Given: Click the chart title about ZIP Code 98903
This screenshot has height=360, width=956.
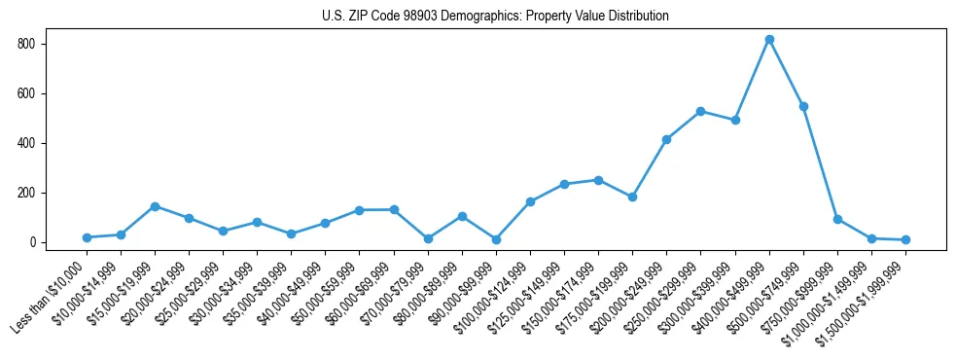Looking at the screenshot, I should [495, 17].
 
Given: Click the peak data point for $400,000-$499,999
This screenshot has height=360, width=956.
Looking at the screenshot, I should [769, 40].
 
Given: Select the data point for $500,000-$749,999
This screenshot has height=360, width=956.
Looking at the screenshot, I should [803, 106].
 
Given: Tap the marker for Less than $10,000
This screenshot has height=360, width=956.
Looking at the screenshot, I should [87, 237].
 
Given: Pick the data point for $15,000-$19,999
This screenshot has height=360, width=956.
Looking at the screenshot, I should [155, 206].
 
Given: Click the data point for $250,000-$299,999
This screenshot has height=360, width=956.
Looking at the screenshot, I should [700, 112].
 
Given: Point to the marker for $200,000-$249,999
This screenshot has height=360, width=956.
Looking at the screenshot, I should [666, 139].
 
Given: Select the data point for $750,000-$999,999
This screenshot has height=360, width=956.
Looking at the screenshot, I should [837, 220].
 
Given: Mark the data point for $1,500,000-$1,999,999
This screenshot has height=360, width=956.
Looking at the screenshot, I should [905, 239].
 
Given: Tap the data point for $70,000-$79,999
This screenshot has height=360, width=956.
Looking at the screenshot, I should [428, 238].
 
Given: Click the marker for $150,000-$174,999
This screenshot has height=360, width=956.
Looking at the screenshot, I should [598, 180].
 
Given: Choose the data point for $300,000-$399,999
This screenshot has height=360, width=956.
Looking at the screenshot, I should [735, 121].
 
